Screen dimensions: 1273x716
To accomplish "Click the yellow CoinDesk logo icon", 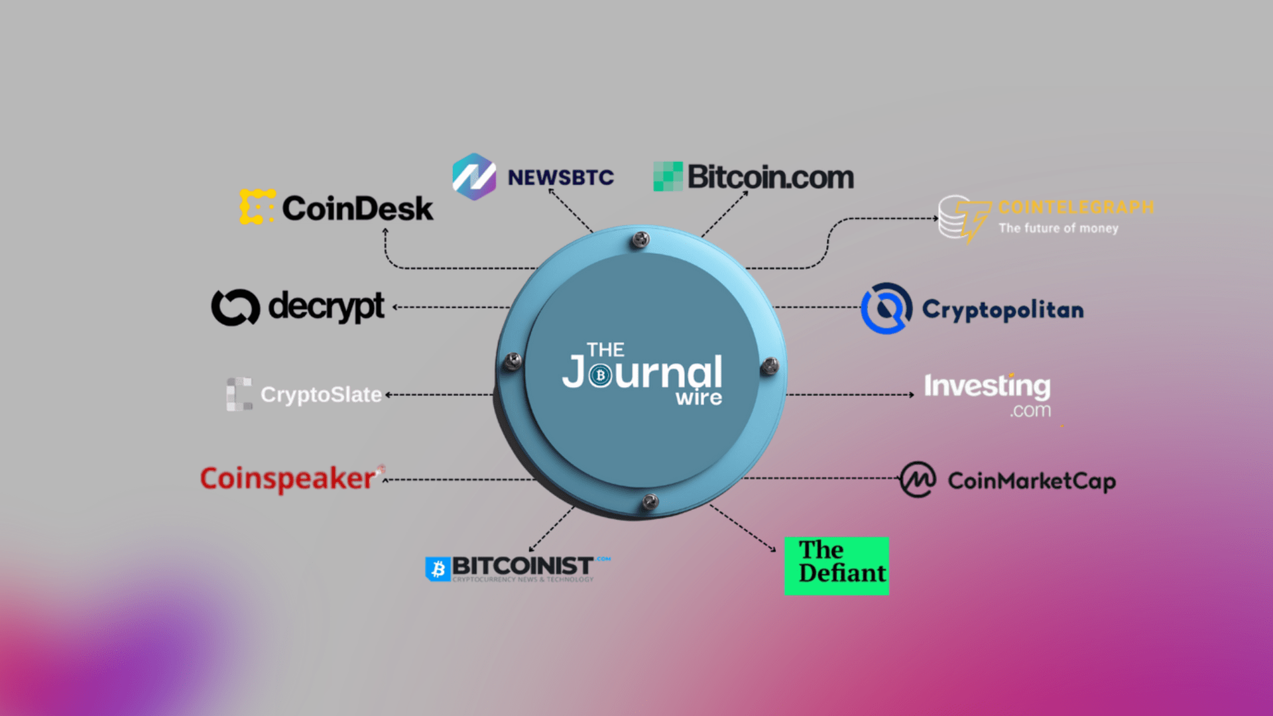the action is coord(257,207).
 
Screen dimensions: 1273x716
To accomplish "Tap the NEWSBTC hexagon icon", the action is coord(473,177).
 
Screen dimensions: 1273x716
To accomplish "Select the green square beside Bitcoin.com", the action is coord(668,176).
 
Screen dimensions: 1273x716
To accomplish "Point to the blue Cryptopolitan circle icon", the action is coord(886,309).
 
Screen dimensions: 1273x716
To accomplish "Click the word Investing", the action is coord(987,386).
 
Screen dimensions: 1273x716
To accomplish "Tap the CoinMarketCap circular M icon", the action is coord(918,480).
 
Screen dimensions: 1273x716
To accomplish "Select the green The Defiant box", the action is coord(837,566).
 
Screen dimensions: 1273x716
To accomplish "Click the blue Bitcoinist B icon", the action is coord(438,569).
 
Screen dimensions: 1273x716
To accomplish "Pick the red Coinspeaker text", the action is coord(288,479).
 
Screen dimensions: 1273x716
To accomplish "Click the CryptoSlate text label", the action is coord(321,394).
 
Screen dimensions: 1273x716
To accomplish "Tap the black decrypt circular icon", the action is coord(235,307).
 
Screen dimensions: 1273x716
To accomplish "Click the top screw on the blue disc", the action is coord(640,239).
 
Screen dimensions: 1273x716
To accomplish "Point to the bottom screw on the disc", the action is coord(650,501).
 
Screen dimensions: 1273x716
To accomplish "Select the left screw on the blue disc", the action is coord(513,361).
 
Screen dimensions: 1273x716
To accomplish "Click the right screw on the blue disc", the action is coord(769,365).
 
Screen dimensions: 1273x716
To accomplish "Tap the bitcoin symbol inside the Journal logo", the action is coord(601,375).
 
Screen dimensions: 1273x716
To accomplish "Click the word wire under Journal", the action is coord(699,398).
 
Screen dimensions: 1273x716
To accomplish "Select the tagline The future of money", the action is coord(1058,228).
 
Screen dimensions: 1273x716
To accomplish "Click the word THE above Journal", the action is coord(605,349).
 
